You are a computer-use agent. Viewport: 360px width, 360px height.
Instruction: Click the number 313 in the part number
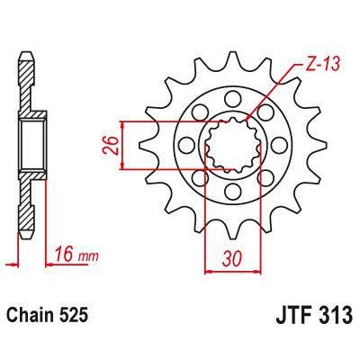point(328,318)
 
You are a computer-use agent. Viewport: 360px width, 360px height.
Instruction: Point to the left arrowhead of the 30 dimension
point(209,267)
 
